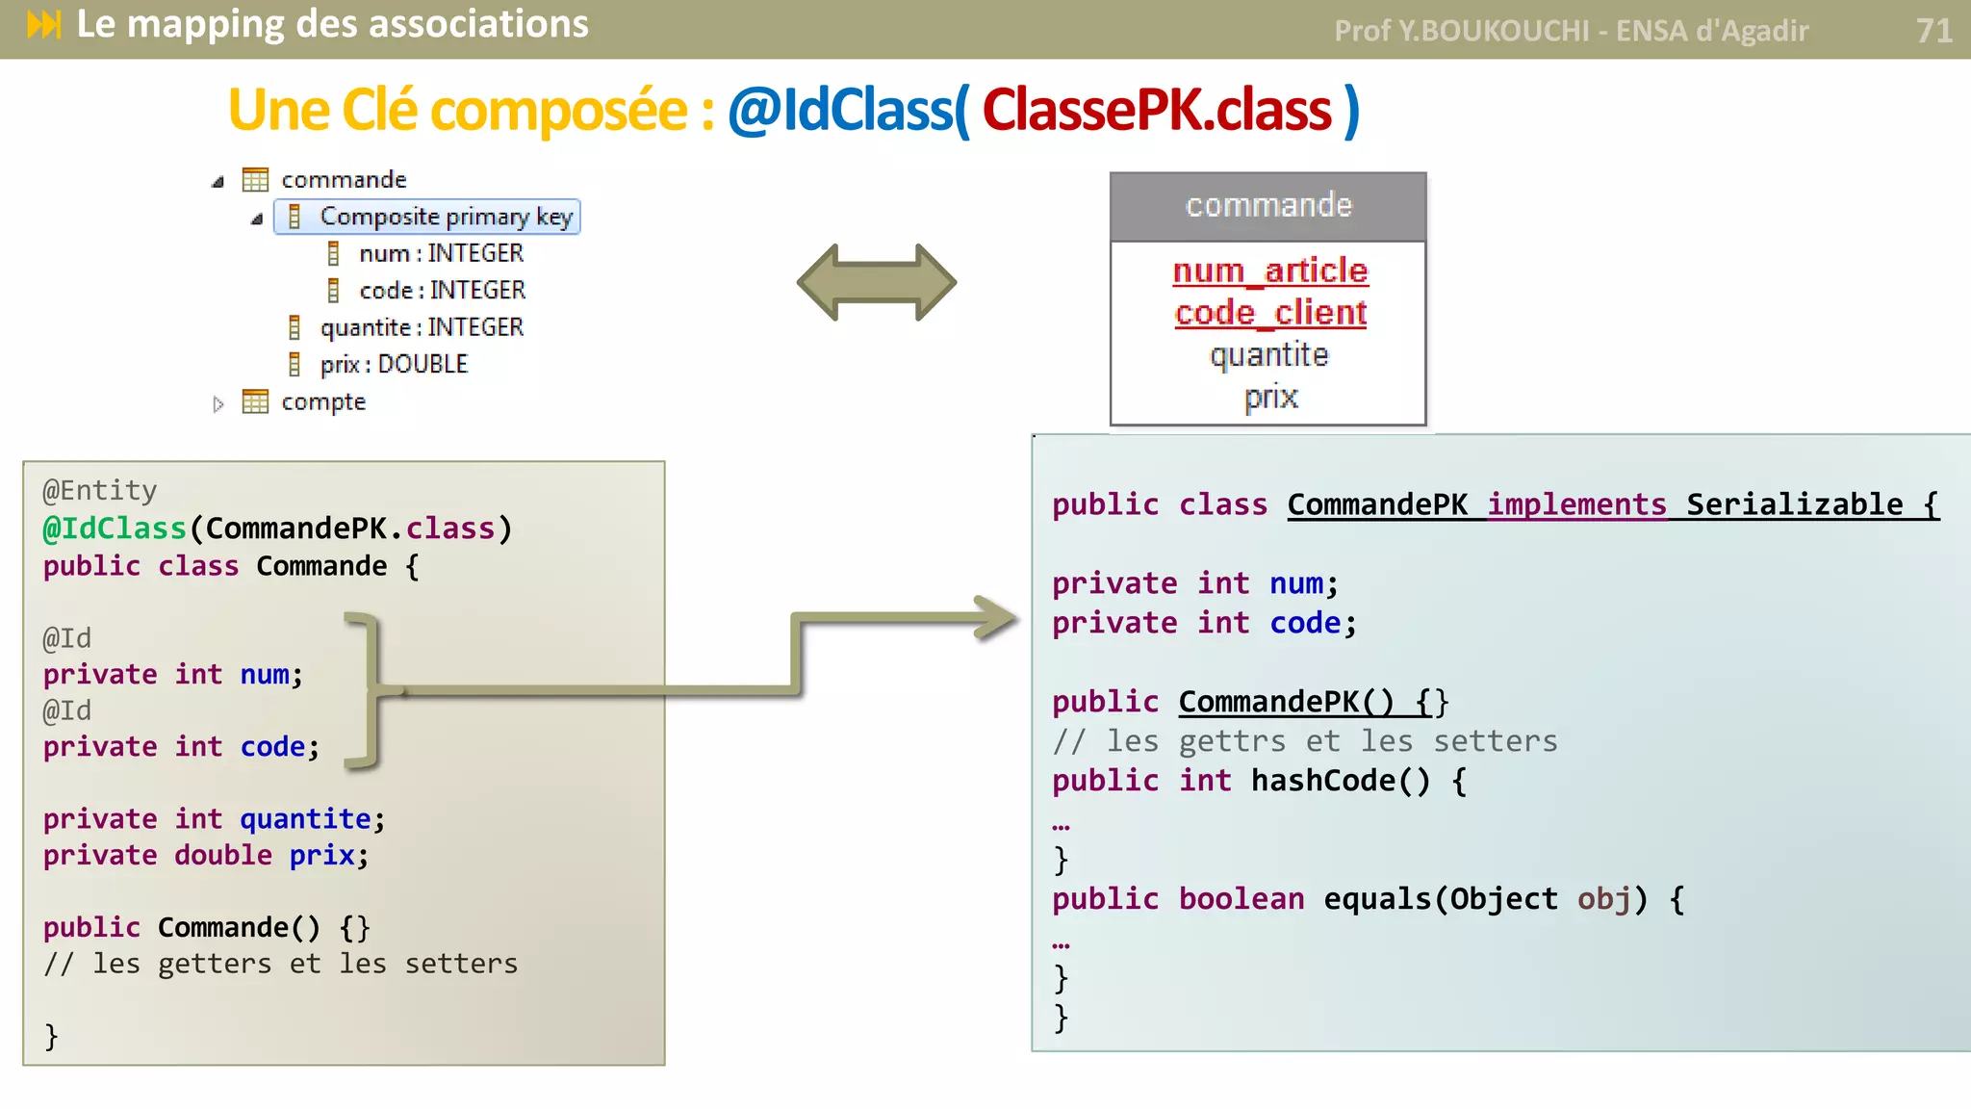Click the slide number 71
[x=1933, y=31]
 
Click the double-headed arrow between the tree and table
[x=877, y=282]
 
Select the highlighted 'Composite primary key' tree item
[x=427, y=217]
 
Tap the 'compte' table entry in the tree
[x=322, y=402]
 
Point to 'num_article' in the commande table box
[x=1269, y=271]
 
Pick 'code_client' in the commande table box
[x=1269, y=314]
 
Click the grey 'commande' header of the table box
[x=1267, y=206]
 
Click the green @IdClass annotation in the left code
[x=115, y=529]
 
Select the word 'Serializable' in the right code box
[x=1794, y=504]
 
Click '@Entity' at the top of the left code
[x=99, y=491]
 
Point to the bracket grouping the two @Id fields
[x=367, y=689]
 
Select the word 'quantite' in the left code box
[x=305, y=819]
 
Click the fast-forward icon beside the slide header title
[x=44, y=24]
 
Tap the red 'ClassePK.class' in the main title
[x=1156, y=111]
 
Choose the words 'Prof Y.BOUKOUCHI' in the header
[x=1460, y=32]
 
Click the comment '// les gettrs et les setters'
[x=1304, y=741]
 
